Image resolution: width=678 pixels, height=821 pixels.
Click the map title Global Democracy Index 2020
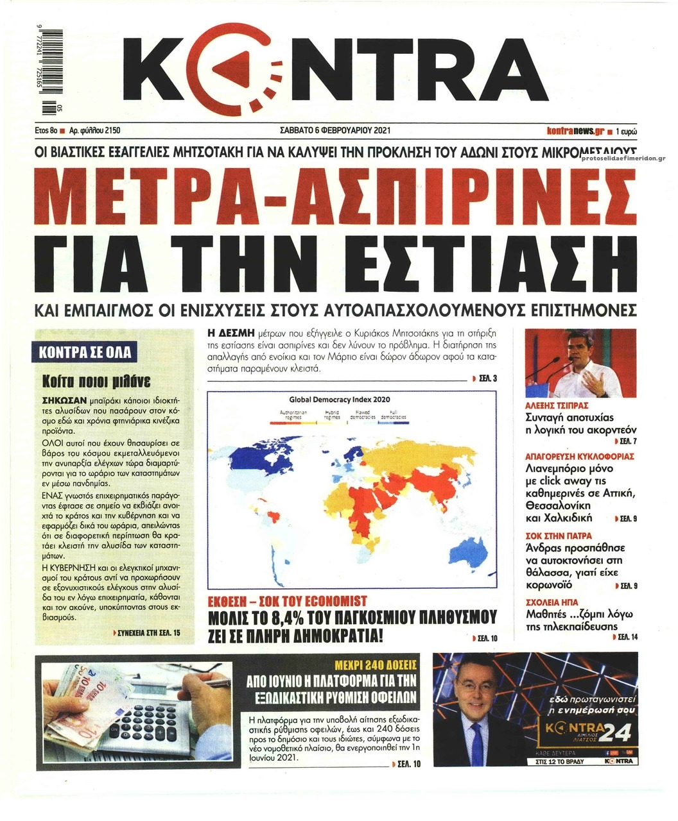(x=340, y=398)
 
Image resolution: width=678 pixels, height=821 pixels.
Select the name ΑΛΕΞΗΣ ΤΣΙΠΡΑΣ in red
(x=557, y=406)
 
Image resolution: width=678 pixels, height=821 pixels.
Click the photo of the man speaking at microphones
(x=580, y=364)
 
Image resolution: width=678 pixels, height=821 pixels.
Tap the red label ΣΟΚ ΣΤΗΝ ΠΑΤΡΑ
(x=550, y=536)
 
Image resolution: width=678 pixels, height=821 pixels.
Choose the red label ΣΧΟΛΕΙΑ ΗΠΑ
(x=547, y=603)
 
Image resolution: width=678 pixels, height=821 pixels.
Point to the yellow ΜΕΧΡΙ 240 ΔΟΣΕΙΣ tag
(x=377, y=664)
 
